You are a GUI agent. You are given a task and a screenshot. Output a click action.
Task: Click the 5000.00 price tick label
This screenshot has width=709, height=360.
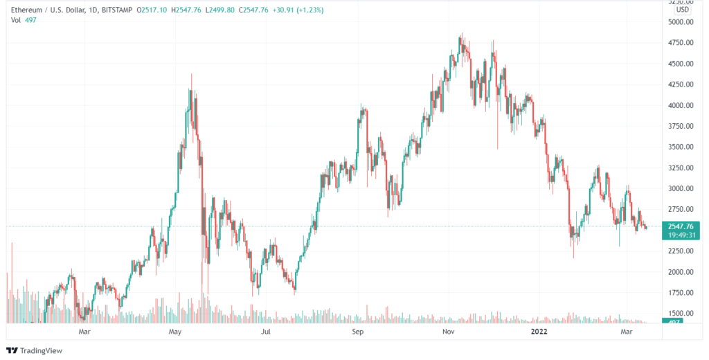tap(680, 22)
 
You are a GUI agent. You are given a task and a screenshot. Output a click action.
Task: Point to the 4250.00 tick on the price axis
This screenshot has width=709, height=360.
tap(680, 84)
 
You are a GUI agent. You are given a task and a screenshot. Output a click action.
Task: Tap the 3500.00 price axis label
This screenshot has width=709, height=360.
tap(680, 147)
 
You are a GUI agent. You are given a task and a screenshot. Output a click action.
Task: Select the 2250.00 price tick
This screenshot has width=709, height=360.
tap(680, 251)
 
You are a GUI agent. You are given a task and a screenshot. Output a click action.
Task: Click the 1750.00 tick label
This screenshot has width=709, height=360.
tap(680, 292)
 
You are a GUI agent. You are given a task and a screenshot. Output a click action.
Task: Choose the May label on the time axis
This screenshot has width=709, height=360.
tap(174, 332)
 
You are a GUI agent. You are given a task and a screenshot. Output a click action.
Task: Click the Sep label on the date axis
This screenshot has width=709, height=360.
tap(357, 332)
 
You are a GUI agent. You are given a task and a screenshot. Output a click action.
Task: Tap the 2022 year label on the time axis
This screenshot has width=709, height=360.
tap(539, 332)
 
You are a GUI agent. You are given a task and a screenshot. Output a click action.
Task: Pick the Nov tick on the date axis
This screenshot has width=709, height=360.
tap(448, 332)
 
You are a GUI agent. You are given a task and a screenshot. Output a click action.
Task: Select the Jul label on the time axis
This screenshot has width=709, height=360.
tap(265, 332)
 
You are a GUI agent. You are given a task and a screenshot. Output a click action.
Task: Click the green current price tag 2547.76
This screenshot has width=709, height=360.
tap(680, 226)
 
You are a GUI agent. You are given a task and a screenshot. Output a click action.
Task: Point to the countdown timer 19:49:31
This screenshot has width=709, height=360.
tap(680, 235)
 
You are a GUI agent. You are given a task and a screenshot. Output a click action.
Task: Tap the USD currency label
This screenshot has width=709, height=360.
tap(683, 10)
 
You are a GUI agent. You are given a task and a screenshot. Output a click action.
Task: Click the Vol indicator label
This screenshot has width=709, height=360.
tap(16, 20)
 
